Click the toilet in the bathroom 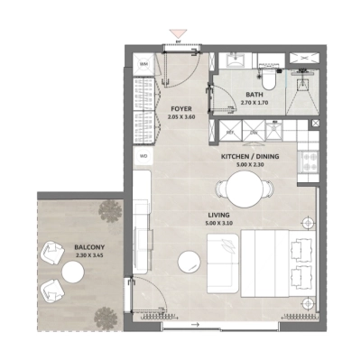[268, 66]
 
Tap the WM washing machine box [143, 65]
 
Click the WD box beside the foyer [143, 156]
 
